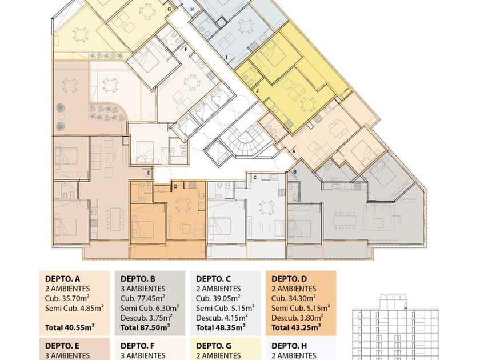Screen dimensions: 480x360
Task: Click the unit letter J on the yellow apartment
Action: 258,91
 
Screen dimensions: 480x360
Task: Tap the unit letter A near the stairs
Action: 294,151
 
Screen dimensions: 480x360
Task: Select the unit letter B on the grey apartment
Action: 295,172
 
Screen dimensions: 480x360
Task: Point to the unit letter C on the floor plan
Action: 255,178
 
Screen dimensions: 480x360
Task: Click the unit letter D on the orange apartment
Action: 176,186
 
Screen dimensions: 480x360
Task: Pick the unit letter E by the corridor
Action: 149,173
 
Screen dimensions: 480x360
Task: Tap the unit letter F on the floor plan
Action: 185,49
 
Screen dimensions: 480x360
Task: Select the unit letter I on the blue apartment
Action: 226,57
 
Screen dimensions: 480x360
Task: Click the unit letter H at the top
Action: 192,10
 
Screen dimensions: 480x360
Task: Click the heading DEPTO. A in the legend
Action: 62,279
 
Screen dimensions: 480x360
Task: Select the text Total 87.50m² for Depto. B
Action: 145,327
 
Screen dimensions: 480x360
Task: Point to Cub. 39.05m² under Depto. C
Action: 218,298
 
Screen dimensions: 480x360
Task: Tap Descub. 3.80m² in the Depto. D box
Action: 297,318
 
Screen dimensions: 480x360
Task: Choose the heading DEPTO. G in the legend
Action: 214,346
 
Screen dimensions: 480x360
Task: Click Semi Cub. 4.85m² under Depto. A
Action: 74,308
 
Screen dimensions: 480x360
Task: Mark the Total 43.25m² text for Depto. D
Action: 296,327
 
